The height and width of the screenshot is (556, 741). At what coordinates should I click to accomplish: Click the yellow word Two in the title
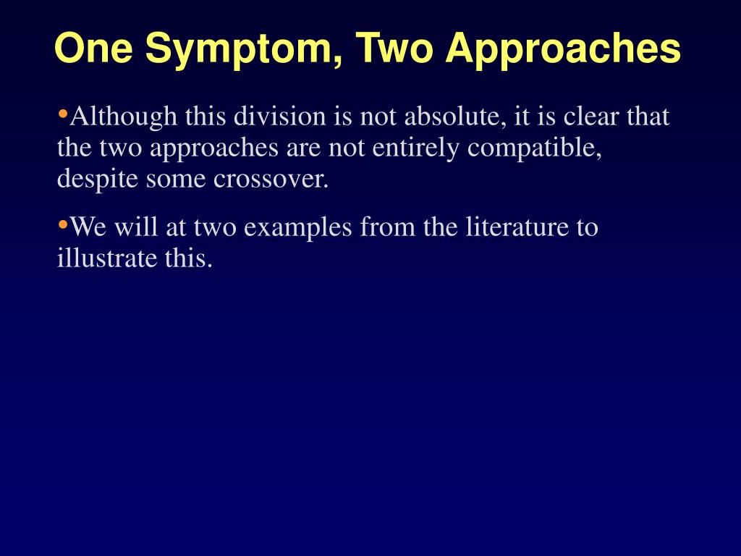(x=394, y=49)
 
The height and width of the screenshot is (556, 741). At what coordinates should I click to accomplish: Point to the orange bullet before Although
(x=62, y=114)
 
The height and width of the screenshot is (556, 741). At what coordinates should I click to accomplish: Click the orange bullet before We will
(x=62, y=225)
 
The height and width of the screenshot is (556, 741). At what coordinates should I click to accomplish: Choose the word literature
(x=517, y=228)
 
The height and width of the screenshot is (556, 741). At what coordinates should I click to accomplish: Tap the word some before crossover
(x=176, y=180)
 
